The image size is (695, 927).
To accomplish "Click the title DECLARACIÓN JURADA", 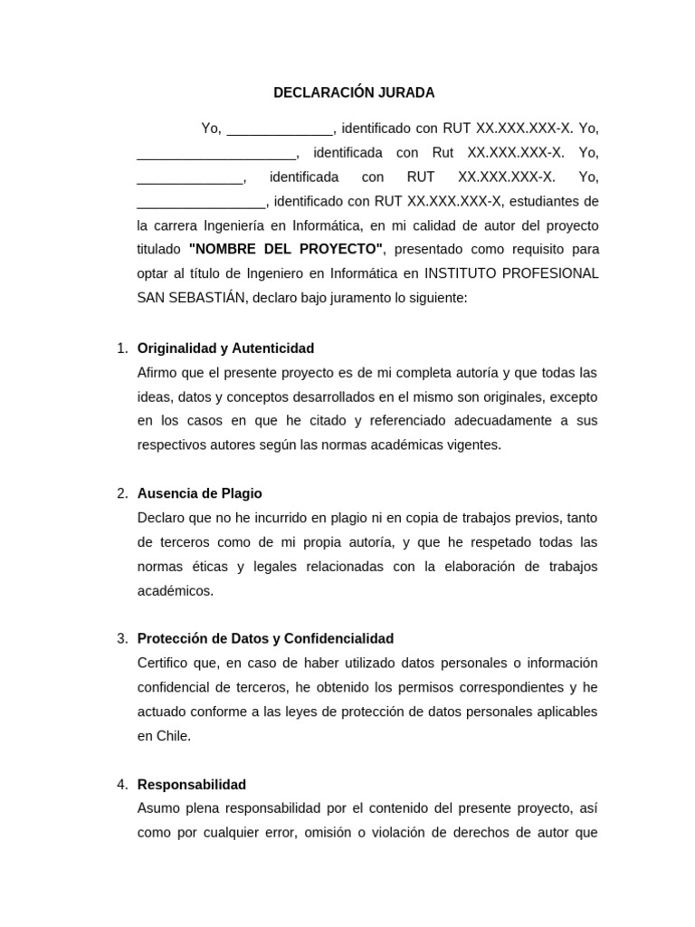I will [354, 92].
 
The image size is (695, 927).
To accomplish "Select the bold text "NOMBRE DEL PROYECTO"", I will [286, 249].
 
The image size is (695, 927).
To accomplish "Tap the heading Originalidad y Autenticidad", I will [225, 349].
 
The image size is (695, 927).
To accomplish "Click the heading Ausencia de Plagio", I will [199, 493].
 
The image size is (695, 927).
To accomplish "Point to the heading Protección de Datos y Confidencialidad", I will [265, 638].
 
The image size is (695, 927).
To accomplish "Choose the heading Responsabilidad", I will [191, 784].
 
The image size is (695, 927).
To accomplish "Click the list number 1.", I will [122, 349].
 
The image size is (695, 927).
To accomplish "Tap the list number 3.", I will [122, 638].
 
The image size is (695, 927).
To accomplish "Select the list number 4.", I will [122, 784].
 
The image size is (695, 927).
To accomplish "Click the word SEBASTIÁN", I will [209, 298].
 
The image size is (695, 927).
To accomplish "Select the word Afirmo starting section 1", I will [158, 373].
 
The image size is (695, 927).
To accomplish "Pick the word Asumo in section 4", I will [157, 808].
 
